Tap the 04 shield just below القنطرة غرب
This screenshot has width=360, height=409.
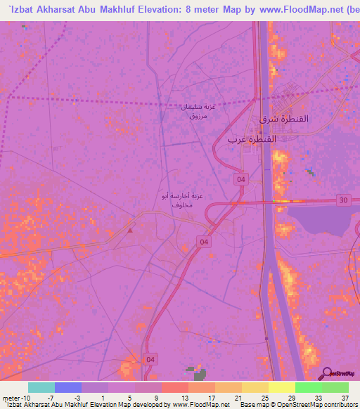(x=241, y=180)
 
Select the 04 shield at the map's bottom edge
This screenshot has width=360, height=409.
(x=150, y=358)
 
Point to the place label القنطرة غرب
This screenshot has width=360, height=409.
(x=251, y=139)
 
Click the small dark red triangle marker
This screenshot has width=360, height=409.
(x=130, y=228)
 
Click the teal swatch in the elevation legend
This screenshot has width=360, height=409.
(x=41, y=387)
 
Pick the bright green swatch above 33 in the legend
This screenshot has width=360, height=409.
(x=308, y=387)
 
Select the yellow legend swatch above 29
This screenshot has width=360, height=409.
(x=281, y=387)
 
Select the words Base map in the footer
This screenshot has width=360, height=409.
(x=251, y=405)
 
